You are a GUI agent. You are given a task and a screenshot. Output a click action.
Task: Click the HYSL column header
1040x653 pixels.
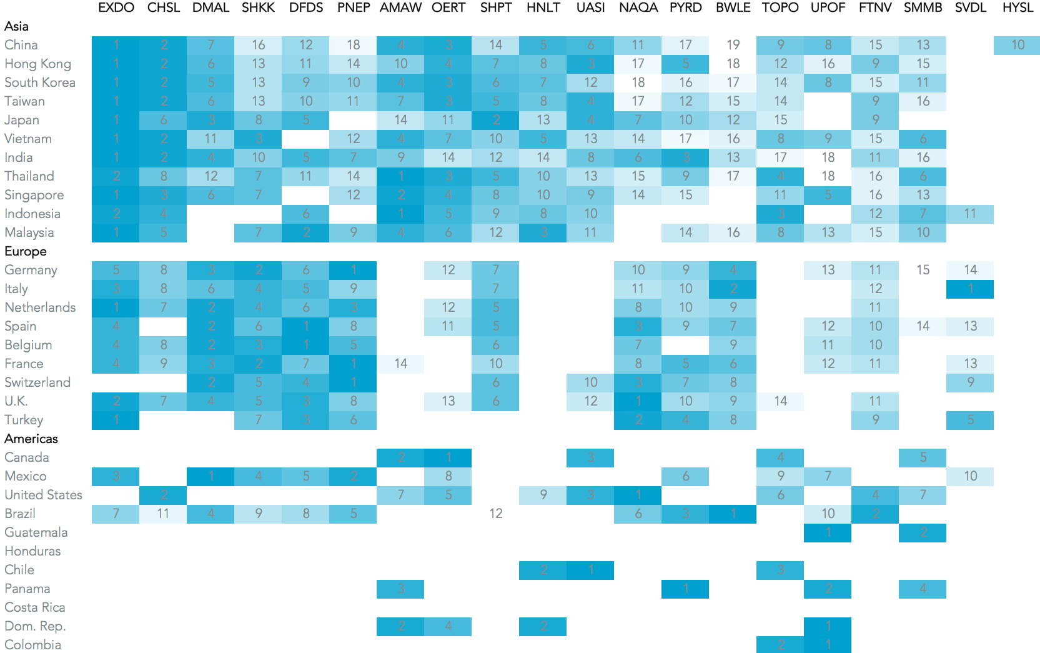[x=1018, y=8]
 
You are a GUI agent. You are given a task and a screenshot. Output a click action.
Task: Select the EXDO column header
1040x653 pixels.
[x=116, y=8]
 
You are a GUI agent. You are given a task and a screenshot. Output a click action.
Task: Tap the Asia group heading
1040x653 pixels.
[x=16, y=26]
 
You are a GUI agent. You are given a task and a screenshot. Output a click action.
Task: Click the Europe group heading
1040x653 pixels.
[x=26, y=251]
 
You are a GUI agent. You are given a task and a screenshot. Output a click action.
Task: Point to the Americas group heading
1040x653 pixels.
[x=31, y=439]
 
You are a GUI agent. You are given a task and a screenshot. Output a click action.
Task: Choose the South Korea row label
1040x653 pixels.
[x=40, y=82]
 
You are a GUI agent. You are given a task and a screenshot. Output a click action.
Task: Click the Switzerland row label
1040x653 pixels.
[x=37, y=382]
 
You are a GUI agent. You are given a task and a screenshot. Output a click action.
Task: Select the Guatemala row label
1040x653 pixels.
[x=36, y=532]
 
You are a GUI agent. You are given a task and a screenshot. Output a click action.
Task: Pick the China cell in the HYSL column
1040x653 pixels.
[x=1018, y=45]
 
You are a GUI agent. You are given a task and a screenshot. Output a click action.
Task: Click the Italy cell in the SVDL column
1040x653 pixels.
[x=970, y=289]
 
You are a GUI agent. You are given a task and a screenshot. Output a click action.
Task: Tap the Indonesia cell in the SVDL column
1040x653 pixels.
[x=970, y=214]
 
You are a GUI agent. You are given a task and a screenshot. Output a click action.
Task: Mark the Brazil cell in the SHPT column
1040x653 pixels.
[x=495, y=514]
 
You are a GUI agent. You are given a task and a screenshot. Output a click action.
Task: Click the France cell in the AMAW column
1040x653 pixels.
[x=400, y=364]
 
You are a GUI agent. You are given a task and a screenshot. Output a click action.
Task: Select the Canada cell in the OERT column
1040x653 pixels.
[x=448, y=457]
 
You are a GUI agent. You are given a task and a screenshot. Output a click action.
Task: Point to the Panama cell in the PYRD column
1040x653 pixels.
[x=685, y=589]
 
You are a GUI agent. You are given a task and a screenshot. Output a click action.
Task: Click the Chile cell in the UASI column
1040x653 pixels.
[x=590, y=570]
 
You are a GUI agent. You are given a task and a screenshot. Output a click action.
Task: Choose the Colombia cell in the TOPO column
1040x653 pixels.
[x=780, y=644]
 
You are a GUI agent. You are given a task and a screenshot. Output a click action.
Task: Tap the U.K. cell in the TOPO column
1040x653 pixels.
[x=780, y=401]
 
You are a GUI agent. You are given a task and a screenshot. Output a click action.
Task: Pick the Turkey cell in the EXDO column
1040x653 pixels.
[x=116, y=420]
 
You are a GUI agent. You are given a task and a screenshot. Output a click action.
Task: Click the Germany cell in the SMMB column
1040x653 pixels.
[x=923, y=270]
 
